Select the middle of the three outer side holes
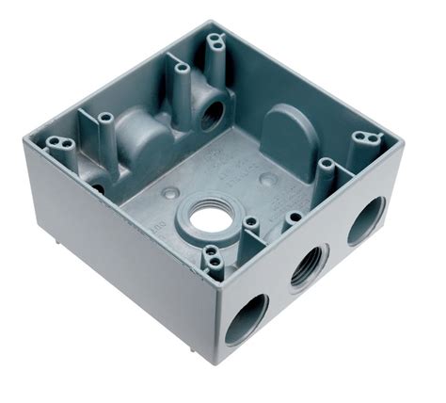point(309,266)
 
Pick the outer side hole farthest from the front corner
point(365,220)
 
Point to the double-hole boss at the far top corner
point(215,40)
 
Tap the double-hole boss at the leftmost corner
point(60,144)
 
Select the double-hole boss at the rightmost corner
point(363,139)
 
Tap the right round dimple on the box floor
point(268,179)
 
